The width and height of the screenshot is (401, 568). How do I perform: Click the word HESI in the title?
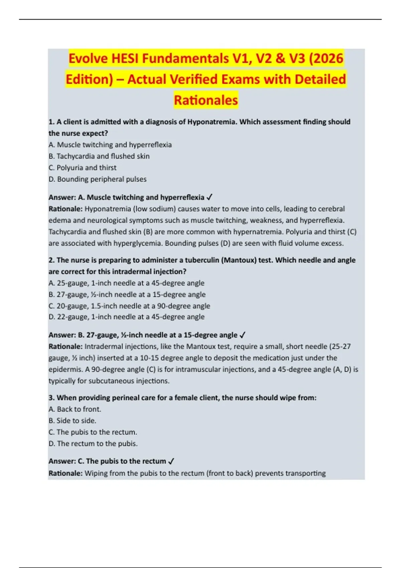[126, 58]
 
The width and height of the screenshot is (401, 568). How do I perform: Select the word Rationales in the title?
[206, 100]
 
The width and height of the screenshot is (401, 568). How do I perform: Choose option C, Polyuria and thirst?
[83, 168]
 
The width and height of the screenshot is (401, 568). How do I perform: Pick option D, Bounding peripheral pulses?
[98, 179]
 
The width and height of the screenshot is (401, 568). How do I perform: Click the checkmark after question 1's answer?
[210, 197]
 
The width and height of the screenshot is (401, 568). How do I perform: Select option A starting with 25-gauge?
[126, 283]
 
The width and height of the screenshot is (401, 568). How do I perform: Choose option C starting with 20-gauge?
[129, 306]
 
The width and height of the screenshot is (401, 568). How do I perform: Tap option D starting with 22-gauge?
[126, 317]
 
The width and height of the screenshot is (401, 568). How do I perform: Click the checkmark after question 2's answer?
[243, 335]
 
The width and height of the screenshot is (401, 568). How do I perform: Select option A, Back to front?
[75, 409]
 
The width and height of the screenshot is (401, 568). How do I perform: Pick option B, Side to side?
[73, 421]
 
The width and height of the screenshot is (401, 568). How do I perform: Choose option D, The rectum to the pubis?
[93, 444]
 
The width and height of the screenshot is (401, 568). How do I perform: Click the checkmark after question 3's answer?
[171, 461]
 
